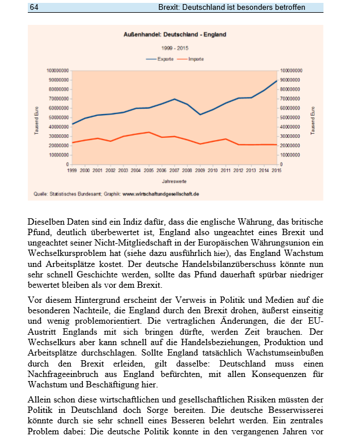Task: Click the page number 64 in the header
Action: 34,6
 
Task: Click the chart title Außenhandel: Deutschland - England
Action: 175,35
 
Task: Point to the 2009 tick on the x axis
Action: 199,171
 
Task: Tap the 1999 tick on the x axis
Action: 72,171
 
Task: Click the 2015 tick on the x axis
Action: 277,171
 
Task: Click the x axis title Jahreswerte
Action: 174,182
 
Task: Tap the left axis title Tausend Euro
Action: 35,119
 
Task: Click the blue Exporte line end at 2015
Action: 277,80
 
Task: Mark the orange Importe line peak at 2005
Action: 148,132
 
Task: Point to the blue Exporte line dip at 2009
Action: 199,115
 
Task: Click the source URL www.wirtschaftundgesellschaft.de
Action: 161,195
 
